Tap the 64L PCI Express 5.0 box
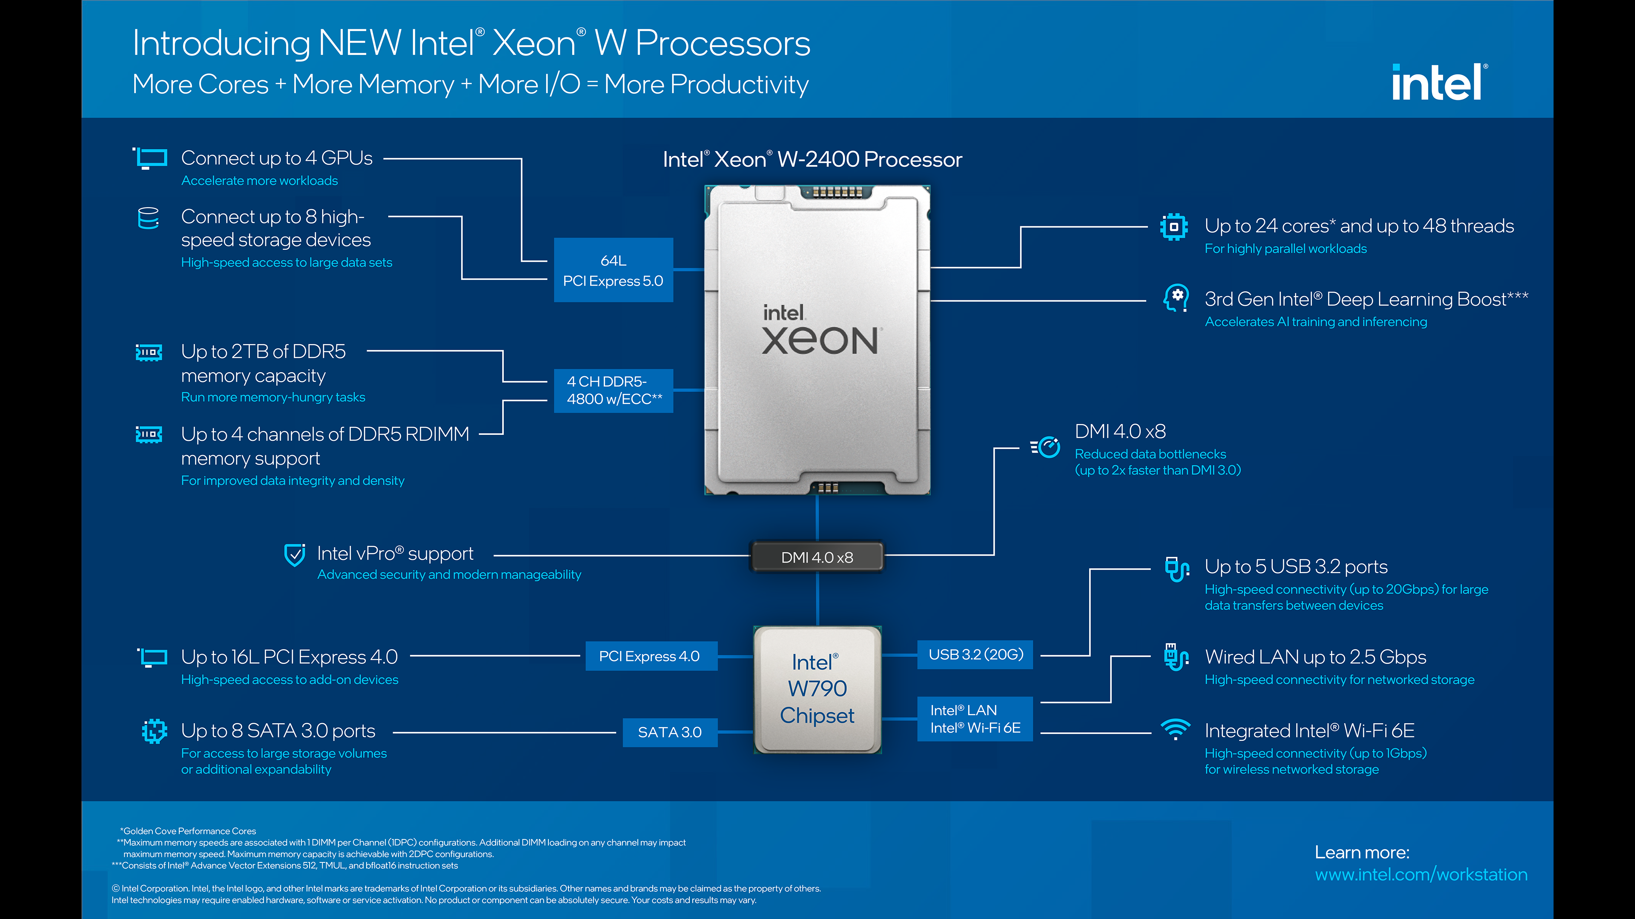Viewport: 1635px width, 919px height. tap(613, 270)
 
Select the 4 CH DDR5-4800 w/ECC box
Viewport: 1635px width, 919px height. tap(613, 390)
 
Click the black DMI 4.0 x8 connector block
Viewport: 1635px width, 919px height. tap(817, 557)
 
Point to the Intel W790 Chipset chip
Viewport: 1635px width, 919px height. tap(817, 689)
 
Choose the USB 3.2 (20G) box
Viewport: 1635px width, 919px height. tap(975, 654)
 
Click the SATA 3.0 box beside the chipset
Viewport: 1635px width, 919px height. tap(670, 733)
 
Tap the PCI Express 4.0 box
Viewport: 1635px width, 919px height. tap(649, 656)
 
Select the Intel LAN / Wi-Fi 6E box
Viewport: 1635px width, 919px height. tap(975, 719)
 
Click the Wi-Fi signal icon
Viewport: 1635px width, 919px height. tap(1176, 729)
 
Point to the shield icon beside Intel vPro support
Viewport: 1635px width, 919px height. tap(295, 555)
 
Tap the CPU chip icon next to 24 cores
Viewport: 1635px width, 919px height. tap(1173, 226)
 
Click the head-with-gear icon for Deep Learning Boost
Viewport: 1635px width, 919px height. tap(1176, 297)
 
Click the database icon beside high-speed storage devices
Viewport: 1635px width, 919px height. tap(149, 218)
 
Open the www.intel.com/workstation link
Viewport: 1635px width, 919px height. tap(1420, 875)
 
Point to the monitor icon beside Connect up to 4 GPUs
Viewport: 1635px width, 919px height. tap(150, 158)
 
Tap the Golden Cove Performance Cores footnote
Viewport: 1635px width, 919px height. tap(189, 831)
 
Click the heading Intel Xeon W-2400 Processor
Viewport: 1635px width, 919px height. tap(812, 159)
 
